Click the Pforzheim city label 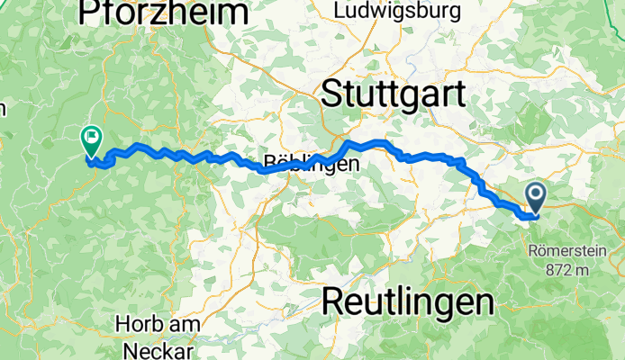tap(163, 13)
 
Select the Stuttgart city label tap(394, 93)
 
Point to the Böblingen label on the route tap(312, 165)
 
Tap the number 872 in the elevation tap(554, 268)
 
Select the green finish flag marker tap(91, 140)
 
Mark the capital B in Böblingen tap(268, 165)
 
